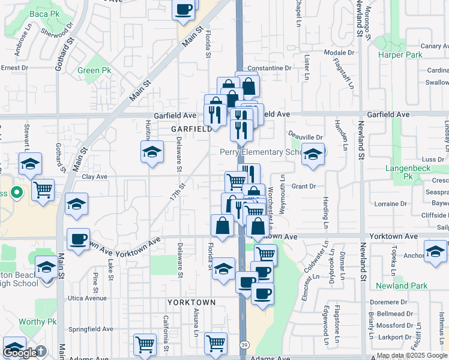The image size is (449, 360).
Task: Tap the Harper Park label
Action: [x=400, y=55]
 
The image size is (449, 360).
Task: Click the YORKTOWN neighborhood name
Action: [x=191, y=301]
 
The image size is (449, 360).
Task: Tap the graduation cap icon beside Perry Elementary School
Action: [x=313, y=155]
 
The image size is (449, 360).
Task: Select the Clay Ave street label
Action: [x=94, y=177]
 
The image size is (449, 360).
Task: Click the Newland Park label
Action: [x=402, y=286]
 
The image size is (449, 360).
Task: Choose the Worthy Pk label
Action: [x=37, y=322]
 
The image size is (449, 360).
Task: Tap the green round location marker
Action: [x=17, y=193]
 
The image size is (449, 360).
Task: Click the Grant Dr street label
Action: [x=304, y=187]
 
